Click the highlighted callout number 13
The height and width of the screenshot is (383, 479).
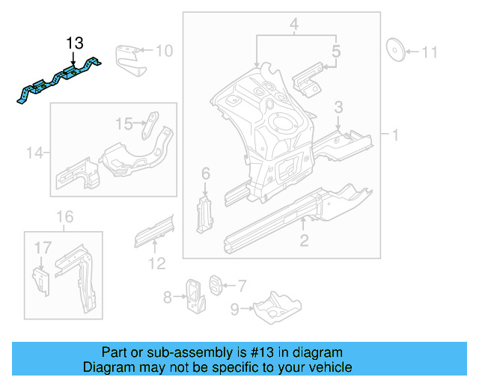(x=75, y=43)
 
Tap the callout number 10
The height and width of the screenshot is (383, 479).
(x=163, y=51)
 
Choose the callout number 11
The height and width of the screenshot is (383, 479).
(x=429, y=52)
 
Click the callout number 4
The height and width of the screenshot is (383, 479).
(x=295, y=26)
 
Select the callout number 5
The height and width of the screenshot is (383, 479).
(x=336, y=52)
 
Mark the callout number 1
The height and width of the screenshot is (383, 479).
(x=394, y=135)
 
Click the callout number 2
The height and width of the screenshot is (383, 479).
(x=304, y=240)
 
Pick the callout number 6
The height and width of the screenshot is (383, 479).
(x=206, y=174)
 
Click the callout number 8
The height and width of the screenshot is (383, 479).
(x=168, y=298)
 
